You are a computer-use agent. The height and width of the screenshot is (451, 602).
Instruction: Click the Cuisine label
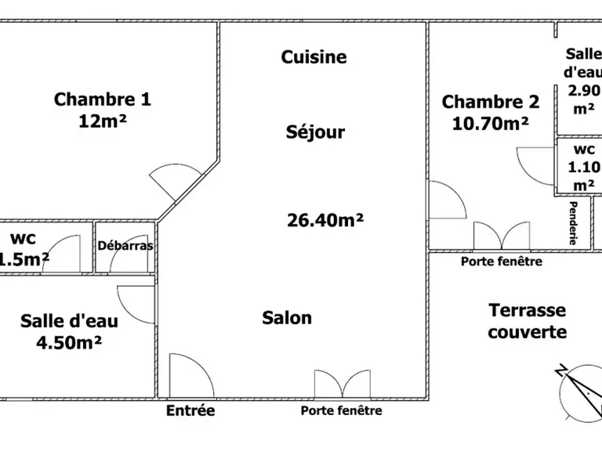(x=314, y=57)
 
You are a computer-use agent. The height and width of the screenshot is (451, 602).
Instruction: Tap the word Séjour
(x=315, y=132)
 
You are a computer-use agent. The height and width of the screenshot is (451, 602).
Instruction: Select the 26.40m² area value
(x=325, y=220)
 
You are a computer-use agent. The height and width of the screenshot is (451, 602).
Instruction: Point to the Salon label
(x=287, y=318)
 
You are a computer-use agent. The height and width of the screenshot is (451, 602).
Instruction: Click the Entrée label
(x=190, y=410)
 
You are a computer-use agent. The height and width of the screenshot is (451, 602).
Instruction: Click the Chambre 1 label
(x=103, y=99)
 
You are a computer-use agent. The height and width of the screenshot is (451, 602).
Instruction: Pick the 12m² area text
(x=103, y=121)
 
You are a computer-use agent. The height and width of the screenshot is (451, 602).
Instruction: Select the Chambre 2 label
(x=491, y=102)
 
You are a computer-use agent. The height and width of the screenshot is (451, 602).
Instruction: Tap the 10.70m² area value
(x=491, y=124)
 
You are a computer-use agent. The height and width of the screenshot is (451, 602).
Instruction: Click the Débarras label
(x=125, y=245)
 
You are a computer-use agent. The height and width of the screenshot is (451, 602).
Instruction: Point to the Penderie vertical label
(x=573, y=223)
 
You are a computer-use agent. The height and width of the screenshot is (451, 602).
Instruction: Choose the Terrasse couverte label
(x=528, y=321)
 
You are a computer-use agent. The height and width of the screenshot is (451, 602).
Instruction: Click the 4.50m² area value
(x=69, y=342)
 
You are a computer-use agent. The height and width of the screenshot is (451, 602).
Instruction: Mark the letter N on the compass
(x=561, y=370)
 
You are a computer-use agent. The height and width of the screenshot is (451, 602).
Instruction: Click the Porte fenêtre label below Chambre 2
(x=502, y=262)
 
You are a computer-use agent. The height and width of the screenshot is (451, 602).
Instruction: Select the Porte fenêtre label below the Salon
(x=341, y=411)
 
